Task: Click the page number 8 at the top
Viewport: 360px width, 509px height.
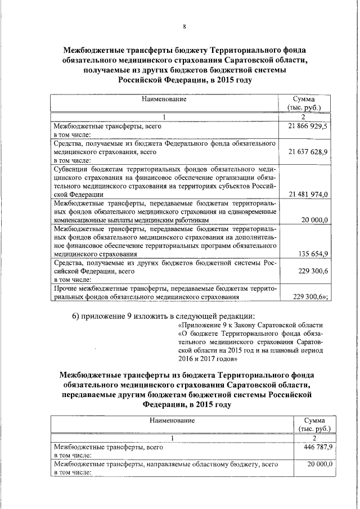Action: (x=184, y=26)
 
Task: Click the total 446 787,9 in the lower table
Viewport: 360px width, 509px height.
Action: (x=319, y=446)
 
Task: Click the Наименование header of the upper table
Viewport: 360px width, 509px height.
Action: (x=164, y=99)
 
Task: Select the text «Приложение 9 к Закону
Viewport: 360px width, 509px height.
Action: (x=216, y=326)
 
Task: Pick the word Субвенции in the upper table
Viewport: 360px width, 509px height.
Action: (x=71, y=168)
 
